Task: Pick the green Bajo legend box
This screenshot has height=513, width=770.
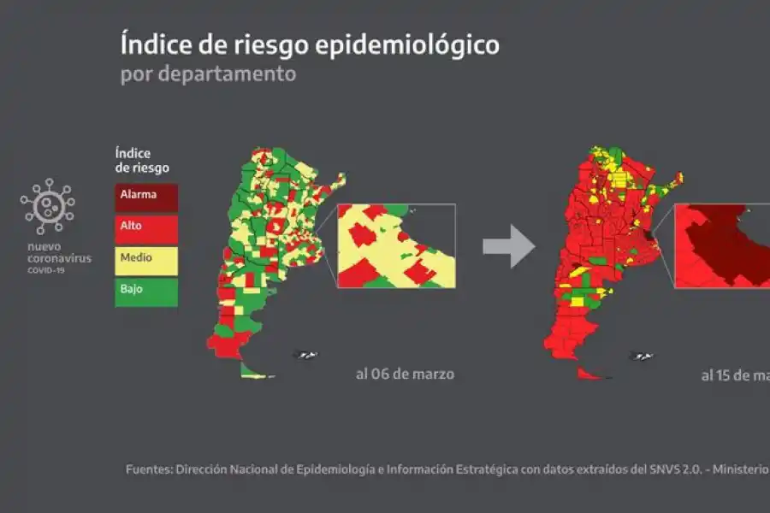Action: pyautogui.click(x=146, y=292)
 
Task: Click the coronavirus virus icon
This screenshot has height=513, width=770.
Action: pyautogui.click(x=48, y=205)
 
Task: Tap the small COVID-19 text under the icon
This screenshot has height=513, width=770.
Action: pyautogui.click(x=46, y=270)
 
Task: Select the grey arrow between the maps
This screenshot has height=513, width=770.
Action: pyautogui.click(x=508, y=246)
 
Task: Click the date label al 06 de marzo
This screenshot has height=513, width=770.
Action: pyautogui.click(x=405, y=374)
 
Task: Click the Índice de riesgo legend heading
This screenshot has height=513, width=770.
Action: pyautogui.click(x=141, y=160)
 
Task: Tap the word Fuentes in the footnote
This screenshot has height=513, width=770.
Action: pyautogui.click(x=148, y=469)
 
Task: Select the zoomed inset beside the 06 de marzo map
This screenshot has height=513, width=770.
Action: pyautogui.click(x=396, y=245)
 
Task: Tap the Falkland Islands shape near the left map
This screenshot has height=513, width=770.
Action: pyautogui.click(x=305, y=354)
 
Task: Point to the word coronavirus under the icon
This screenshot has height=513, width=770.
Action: pyautogui.click(x=59, y=258)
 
